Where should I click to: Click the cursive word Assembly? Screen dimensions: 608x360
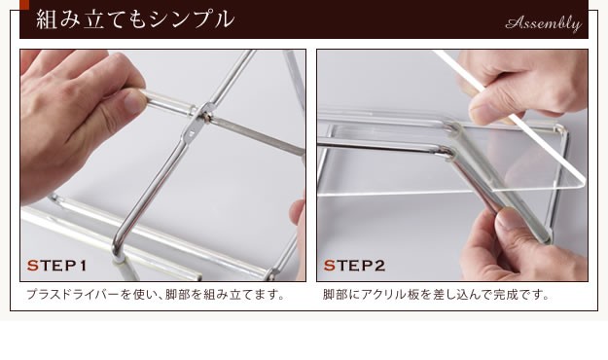pos(543,24)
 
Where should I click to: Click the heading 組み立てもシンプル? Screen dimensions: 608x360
pos(135,19)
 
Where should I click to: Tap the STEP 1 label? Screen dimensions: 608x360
pos(56,266)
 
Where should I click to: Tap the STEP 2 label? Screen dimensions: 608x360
pos(354,266)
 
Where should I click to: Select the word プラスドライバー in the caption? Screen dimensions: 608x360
pos(72,295)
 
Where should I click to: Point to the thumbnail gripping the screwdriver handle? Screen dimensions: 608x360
pos(134,102)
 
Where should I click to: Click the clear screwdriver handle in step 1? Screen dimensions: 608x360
pos(167,102)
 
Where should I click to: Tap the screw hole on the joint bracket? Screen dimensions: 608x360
pos(191,133)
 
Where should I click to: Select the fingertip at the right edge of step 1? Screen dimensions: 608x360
pos(299,212)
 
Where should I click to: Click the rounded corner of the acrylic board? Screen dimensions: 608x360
pos(579,182)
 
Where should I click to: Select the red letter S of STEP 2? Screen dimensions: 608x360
pos(329,266)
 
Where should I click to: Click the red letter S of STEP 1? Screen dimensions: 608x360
pos(32,266)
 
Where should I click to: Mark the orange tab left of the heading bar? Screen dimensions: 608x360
pos(24,5)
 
